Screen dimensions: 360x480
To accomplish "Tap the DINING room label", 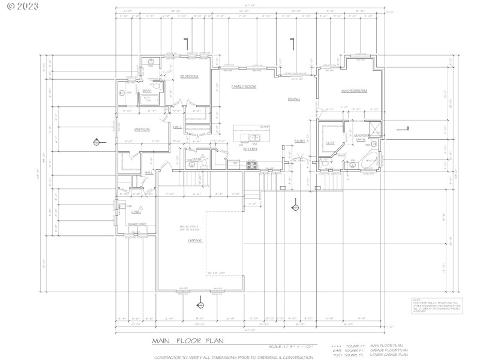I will [x=293, y=99].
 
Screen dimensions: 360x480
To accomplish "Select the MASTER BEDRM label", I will [x=354, y=91].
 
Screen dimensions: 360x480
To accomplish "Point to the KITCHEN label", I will [x=250, y=149].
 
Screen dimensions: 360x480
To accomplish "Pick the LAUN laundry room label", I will [x=136, y=212].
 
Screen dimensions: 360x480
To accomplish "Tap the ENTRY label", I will [x=299, y=142].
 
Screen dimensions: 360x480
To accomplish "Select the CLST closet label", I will [x=330, y=143].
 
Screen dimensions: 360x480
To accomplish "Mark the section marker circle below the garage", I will [x=200, y=304].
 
